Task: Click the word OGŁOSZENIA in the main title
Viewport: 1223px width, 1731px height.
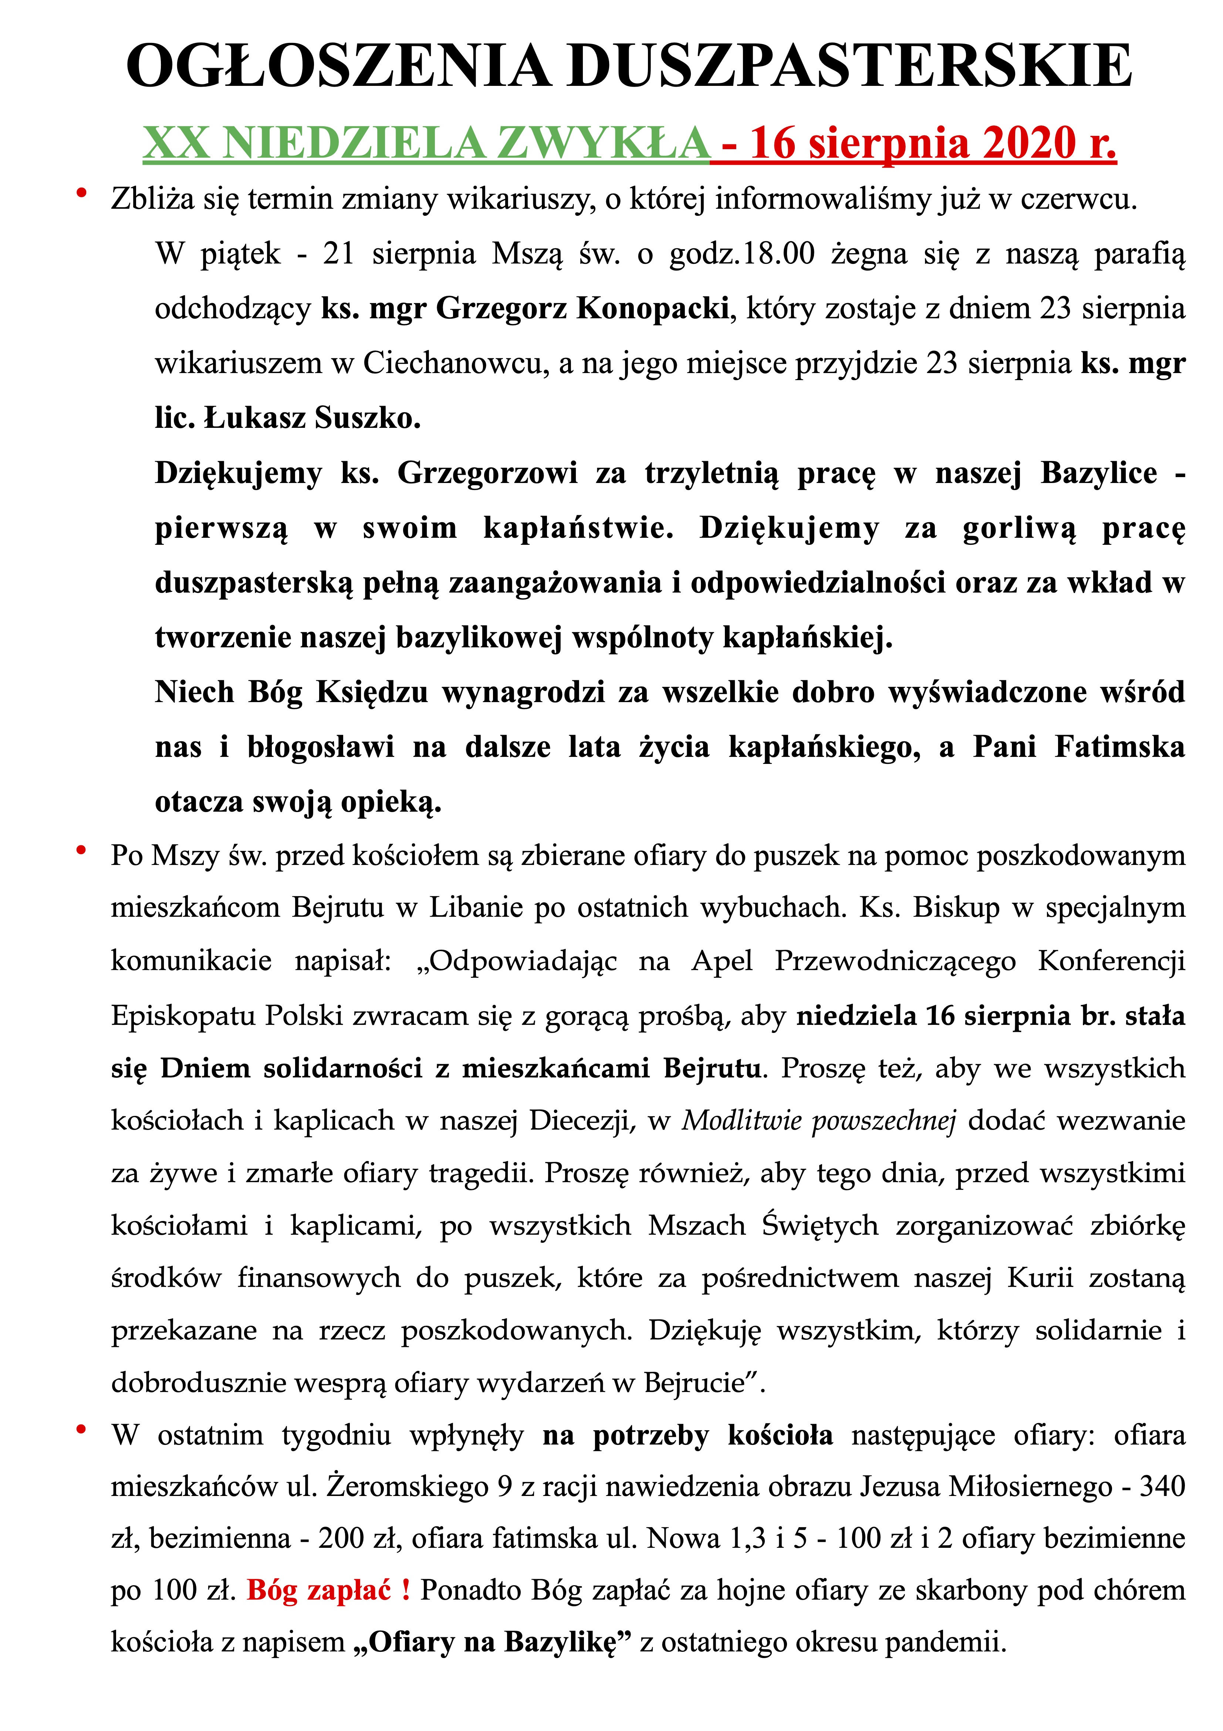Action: (x=338, y=66)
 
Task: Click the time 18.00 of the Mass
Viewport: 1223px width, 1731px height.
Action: (x=779, y=254)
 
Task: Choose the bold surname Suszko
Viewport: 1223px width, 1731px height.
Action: (x=368, y=418)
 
